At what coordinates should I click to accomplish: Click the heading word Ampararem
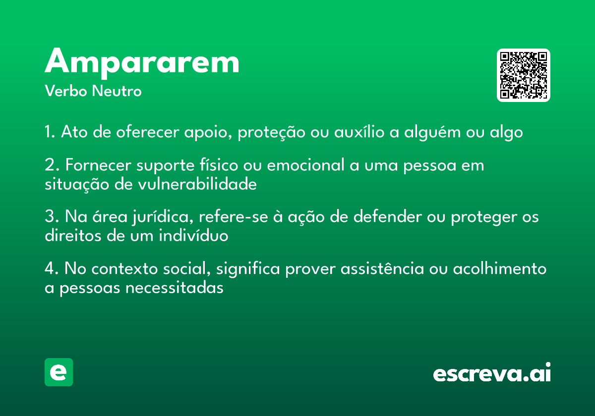point(142,63)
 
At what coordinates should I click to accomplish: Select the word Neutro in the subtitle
point(117,91)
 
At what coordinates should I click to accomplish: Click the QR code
point(523,75)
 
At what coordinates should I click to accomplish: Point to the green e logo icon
point(59,372)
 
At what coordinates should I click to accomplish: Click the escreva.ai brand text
point(492,372)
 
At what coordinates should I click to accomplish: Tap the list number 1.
point(50,132)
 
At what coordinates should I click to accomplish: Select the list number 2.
point(52,165)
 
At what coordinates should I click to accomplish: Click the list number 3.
point(52,216)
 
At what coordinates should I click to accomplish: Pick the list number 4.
point(52,268)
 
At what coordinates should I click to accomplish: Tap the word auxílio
point(359,131)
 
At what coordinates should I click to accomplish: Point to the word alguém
point(432,133)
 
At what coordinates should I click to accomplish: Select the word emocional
point(306,165)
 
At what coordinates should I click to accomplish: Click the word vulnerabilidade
point(197,184)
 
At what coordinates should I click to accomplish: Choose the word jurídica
point(163,217)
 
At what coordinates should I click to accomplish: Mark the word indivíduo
point(193,235)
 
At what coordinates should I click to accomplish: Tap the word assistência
point(382,268)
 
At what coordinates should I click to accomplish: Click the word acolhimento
point(500,268)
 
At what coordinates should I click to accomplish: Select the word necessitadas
point(174,288)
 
